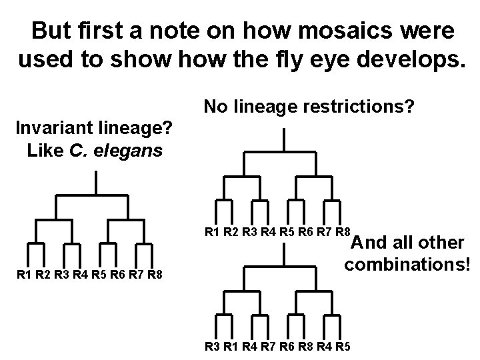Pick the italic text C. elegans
click(x=115, y=150)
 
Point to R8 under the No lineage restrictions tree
click(x=343, y=233)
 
